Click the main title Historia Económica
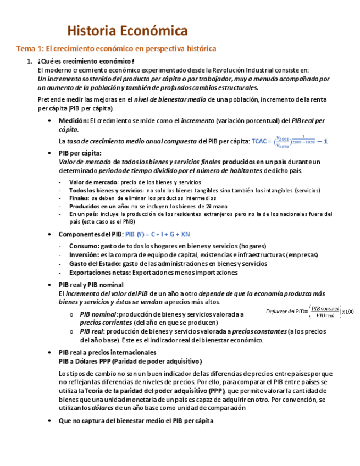127,30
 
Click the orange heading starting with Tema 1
116,49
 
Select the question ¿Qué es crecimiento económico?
86,62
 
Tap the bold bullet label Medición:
74,120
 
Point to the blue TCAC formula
289,141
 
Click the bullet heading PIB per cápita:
80,153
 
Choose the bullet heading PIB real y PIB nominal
91,285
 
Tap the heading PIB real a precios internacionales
108,352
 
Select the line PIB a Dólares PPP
130,361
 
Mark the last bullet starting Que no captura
136,420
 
